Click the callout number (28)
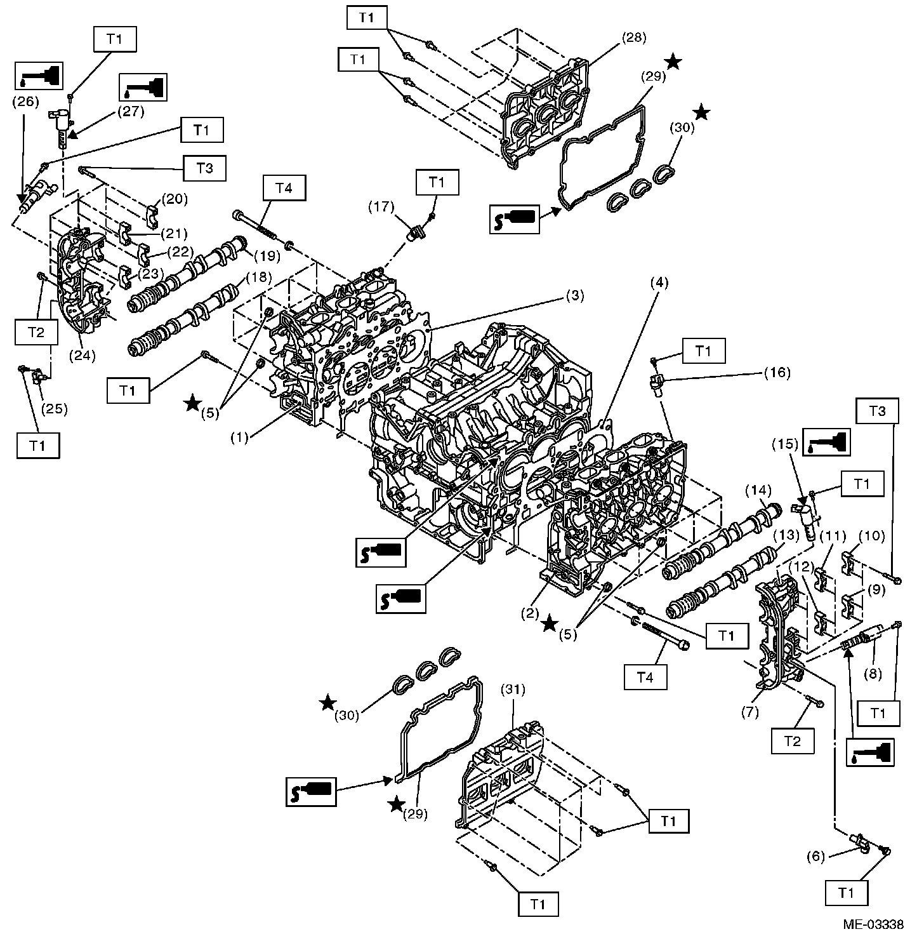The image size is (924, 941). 634,37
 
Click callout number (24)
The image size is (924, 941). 83,355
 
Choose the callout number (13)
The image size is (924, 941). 787,535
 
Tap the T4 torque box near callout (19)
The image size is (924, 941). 283,190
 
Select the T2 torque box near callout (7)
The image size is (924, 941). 792,740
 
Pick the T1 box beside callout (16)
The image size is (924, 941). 703,350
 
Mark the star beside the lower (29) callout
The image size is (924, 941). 397,805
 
